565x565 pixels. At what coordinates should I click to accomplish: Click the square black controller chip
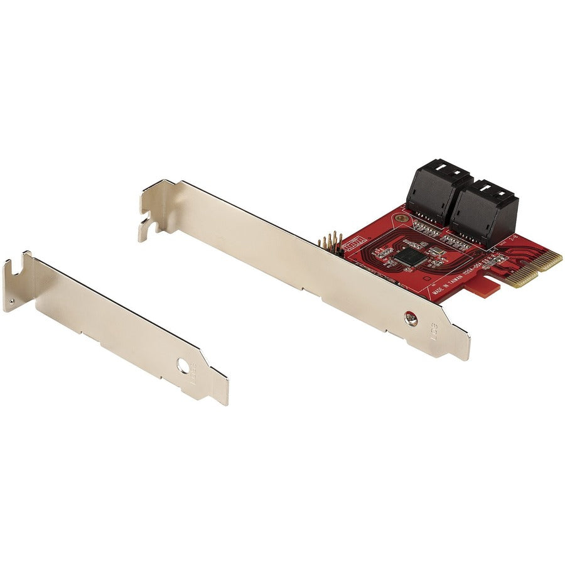[x=409, y=256]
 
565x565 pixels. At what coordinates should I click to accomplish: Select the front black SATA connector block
[x=485, y=213]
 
